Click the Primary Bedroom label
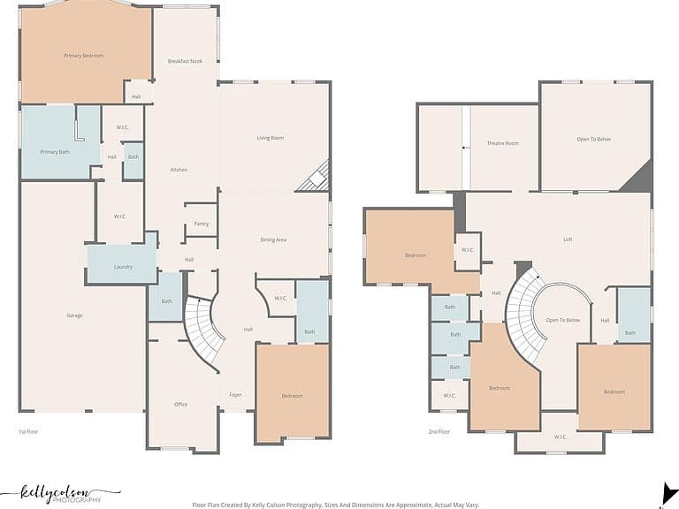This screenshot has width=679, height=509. [x=84, y=56]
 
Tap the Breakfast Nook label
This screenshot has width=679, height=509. [x=185, y=62]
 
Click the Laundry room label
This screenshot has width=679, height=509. [x=123, y=267]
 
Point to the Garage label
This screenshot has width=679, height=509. [x=74, y=315]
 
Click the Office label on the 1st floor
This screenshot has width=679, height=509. [x=181, y=404]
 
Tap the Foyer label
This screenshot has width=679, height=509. [x=235, y=395]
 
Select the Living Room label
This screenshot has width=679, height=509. [x=271, y=138]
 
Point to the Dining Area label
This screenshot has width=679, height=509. [x=273, y=239]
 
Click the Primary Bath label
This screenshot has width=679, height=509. [x=55, y=152]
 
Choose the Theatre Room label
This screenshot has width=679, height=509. [x=503, y=143]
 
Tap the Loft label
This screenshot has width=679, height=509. [x=568, y=239]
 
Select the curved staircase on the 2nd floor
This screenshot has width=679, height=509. [x=525, y=313]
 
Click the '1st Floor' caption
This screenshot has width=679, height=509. [x=28, y=431]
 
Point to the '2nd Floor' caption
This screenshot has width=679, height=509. [x=439, y=431]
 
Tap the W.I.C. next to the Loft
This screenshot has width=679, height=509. [x=468, y=250]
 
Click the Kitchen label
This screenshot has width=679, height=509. [x=179, y=170]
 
